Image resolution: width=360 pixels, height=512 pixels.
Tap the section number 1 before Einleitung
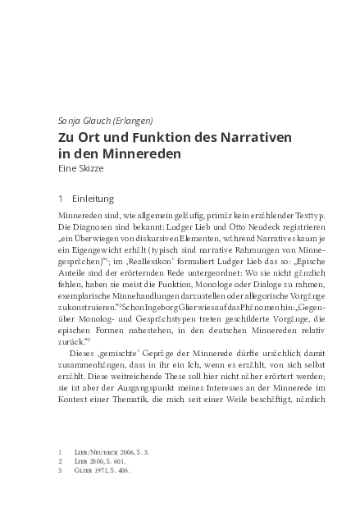[60, 199]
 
